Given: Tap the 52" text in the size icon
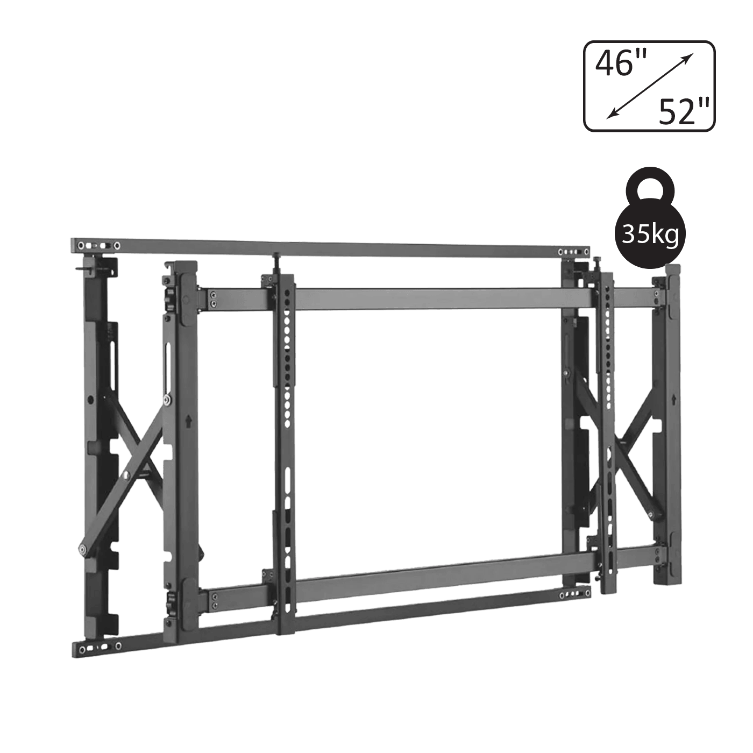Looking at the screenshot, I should coord(684,111).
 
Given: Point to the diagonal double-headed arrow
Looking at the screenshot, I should coord(650,86).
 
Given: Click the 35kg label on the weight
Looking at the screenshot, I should coord(650,235).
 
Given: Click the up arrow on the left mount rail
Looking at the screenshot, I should coord(188,421).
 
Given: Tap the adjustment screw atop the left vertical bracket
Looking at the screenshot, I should coord(276,262).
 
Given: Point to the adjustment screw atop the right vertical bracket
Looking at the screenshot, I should coord(599,264).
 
